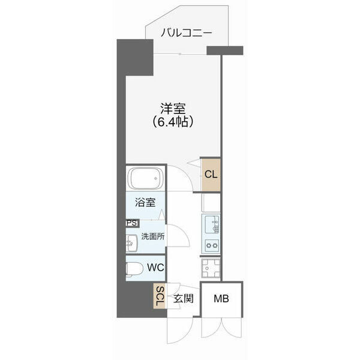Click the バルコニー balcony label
coord(186,34)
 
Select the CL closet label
coord(211,175)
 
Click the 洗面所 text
coord(154,236)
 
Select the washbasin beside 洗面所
coord(131,243)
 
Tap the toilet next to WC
coord(134,268)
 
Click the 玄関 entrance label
coord(183,298)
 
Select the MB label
coord(222,298)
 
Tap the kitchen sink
coord(212,226)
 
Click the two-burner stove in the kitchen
coord(212,245)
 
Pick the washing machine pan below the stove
coord(211,268)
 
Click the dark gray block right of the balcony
coord(224,51)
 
